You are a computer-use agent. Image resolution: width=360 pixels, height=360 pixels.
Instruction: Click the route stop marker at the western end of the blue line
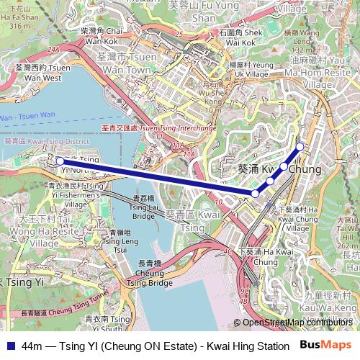tap(59, 161)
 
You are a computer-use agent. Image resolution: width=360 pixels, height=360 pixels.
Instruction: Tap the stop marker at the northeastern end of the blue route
tap(300, 148)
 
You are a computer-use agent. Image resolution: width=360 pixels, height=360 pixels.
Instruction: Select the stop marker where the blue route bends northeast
tap(255, 194)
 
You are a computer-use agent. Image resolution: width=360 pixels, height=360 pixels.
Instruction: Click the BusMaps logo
tap(326, 346)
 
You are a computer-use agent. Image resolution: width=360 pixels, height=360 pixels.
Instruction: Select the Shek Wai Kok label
tap(240, 37)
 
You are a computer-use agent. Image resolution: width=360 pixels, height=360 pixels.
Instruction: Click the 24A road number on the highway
tap(53, 49)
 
